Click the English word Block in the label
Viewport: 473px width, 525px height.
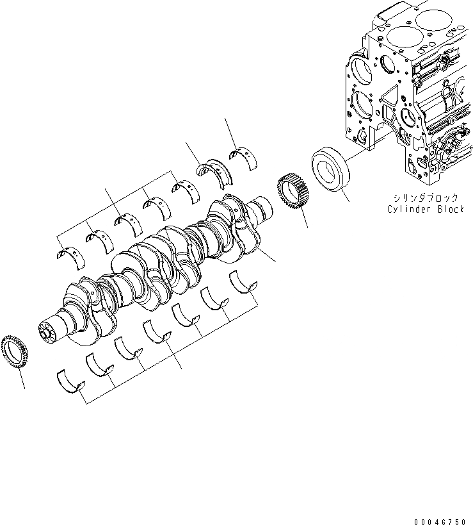coord(447,210)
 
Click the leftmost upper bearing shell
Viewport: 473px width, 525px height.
coord(69,253)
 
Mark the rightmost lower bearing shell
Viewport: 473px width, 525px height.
coord(243,282)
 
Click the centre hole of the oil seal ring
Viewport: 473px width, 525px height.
coord(329,169)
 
